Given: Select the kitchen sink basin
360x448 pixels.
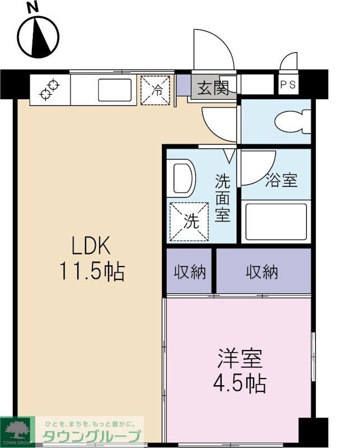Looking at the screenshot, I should tap(115, 90).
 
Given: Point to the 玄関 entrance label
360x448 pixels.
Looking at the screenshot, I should tap(213, 87).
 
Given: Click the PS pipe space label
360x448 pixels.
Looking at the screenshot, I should tap(289, 86).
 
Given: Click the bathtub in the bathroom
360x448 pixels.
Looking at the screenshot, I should tap(277, 221).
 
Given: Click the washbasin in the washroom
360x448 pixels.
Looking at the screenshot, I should tap(182, 179).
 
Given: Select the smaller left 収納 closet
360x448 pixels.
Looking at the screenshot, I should tap(190, 272).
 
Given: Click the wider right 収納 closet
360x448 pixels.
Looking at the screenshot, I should tap(262, 272).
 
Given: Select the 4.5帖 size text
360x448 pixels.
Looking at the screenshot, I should tap(239, 384).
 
